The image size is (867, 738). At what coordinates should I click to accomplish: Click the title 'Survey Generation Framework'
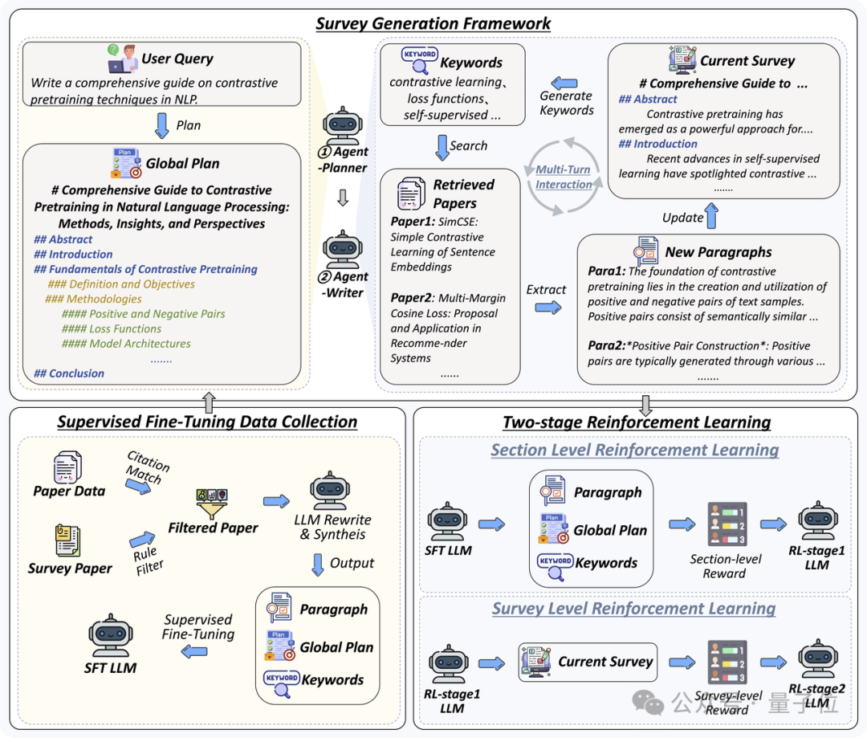433,22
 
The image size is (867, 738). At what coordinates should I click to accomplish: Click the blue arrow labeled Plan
161,124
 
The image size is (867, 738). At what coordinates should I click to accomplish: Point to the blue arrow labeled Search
441,146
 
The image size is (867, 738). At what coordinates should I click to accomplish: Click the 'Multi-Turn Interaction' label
564,177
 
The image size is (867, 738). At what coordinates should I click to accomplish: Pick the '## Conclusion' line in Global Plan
69,373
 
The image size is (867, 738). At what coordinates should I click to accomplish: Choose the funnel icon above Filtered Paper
212,504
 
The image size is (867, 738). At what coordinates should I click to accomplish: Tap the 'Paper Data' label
69,491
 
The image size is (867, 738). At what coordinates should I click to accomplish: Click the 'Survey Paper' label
70,569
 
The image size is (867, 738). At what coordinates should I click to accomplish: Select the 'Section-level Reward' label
725,566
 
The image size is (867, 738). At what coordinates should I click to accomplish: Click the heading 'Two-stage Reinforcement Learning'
637,422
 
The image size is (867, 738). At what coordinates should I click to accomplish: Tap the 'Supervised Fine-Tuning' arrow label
198,627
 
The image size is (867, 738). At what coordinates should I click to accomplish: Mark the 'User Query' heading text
177,59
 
